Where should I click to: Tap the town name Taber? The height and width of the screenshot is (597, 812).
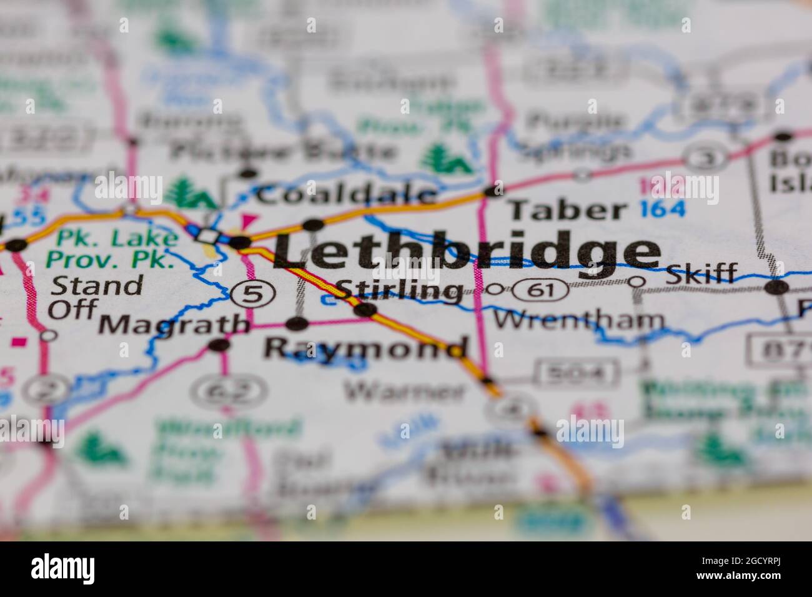pyautogui.click(x=567, y=210)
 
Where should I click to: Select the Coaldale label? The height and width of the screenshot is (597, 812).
pyautogui.click(x=347, y=195)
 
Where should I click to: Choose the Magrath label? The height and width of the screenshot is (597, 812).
pyautogui.click(x=174, y=323)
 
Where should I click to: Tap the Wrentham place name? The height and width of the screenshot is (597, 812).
pyautogui.click(x=578, y=320)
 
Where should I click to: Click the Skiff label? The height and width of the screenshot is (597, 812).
pyautogui.click(x=701, y=273)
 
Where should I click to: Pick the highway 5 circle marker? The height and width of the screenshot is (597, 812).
pyautogui.click(x=252, y=294)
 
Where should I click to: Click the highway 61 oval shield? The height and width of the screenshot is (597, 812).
pyautogui.click(x=538, y=290)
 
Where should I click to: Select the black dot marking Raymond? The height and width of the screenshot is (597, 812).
pyautogui.click(x=297, y=323)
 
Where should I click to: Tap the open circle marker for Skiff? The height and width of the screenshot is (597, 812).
pyautogui.click(x=636, y=282)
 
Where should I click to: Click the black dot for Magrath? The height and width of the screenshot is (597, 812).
pyautogui.click(x=218, y=345)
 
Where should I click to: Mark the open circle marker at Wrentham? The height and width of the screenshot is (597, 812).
pyautogui.click(x=495, y=289)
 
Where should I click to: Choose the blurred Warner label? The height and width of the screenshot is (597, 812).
pyautogui.click(x=405, y=391)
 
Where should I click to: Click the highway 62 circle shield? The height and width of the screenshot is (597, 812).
pyautogui.click(x=228, y=392)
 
